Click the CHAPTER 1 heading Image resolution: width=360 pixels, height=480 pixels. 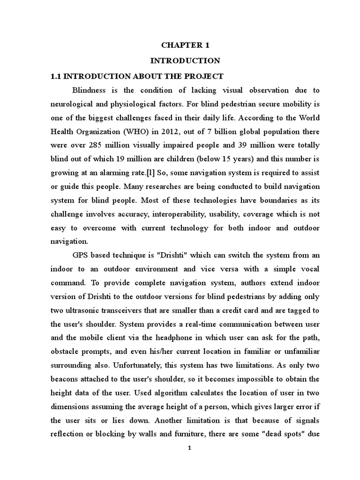click(185, 45)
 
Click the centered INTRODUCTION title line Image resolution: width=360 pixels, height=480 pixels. click(185, 60)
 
